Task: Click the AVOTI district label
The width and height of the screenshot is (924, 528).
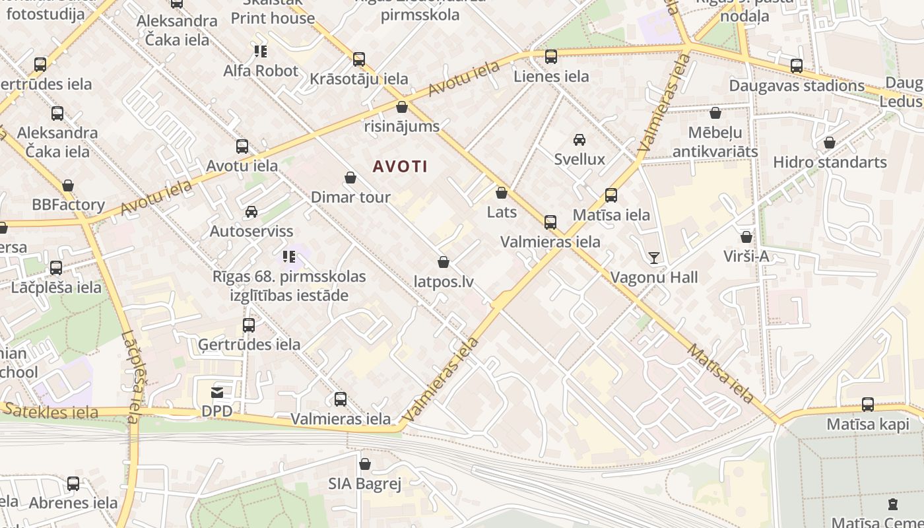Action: pyautogui.click(x=400, y=166)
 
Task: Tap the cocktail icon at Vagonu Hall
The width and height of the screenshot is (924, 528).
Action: pyautogui.click(x=654, y=257)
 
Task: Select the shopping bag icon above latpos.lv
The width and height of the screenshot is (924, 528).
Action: pyautogui.click(x=444, y=263)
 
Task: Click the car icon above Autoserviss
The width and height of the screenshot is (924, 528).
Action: pyautogui.click(x=251, y=212)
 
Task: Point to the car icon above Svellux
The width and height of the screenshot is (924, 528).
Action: pyautogui.click(x=579, y=140)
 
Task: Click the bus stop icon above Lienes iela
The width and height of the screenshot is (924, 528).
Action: pyautogui.click(x=551, y=57)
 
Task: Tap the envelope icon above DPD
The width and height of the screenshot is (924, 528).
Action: pyautogui.click(x=217, y=392)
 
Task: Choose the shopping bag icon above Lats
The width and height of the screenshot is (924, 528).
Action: pyautogui.click(x=502, y=193)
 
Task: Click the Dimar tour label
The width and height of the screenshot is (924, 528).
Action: pyautogui.click(x=350, y=197)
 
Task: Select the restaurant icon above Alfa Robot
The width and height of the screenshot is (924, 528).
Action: pyautogui.click(x=261, y=51)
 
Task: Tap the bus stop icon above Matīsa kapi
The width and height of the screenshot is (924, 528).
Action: pyautogui.click(x=868, y=405)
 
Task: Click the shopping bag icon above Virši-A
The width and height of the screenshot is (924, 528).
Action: pyautogui.click(x=746, y=237)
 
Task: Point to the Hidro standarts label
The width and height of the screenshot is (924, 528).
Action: pyautogui.click(x=830, y=162)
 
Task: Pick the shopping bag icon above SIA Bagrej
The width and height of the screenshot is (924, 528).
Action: pyautogui.click(x=365, y=465)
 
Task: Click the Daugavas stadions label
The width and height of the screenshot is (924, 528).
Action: pyautogui.click(x=797, y=86)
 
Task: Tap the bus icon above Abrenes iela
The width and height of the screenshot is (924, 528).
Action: pyautogui.click(x=73, y=484)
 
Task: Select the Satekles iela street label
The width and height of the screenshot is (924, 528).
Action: pyautogui.click(x=51, y=411)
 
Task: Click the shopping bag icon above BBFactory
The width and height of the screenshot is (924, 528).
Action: pyautogui.click(x=68, y=186)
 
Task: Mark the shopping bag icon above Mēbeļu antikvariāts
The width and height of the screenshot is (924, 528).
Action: pyautogui.click(x=715, y=114)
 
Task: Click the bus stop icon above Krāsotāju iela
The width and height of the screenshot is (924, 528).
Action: pyautogui.click(x=359, y=59)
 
